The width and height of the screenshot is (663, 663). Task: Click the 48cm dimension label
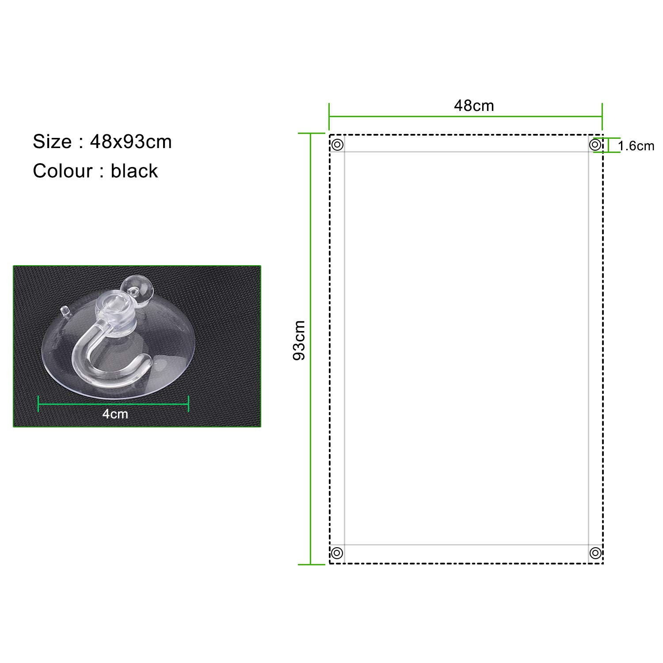(474, 106)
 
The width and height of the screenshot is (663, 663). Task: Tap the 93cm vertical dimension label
(299, 340)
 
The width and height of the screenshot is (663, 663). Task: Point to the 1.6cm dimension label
(636, 146)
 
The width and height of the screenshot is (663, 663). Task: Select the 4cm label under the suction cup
(115, 414)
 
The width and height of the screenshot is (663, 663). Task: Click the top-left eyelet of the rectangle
(338, 145)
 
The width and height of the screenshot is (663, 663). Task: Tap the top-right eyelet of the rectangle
(595, 145)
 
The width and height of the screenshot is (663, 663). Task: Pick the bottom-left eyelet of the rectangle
(337, 553)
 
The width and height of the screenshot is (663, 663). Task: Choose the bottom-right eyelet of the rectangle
(595, 553)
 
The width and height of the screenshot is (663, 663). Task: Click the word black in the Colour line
(134, 171)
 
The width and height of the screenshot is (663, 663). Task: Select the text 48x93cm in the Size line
(131, 142)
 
